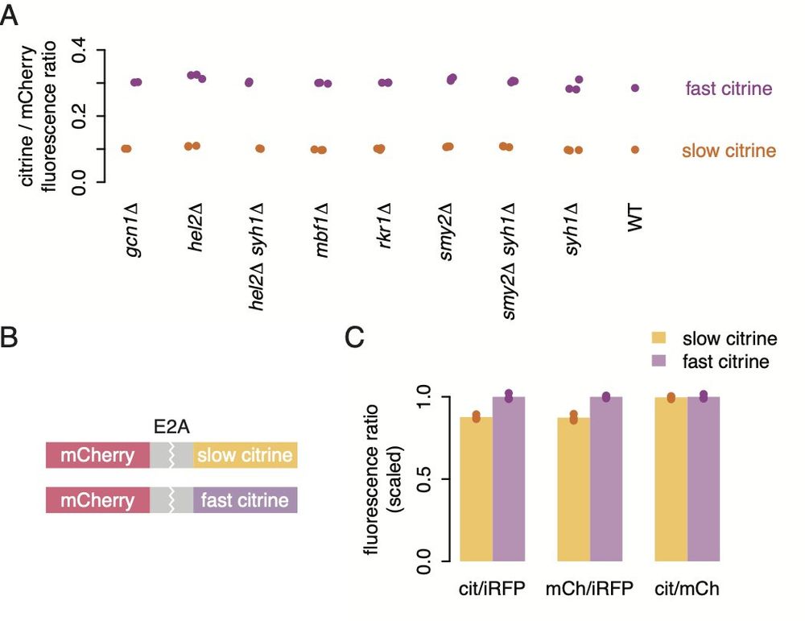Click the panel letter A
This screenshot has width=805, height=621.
(10, 15)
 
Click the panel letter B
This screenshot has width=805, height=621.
(10, 337)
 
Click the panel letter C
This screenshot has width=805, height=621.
(356, 337)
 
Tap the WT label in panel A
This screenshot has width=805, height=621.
(635, 217)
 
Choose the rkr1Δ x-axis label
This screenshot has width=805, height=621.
(384, 230)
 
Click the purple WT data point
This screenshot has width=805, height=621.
(635, 88)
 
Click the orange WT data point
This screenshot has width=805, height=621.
(635, 149)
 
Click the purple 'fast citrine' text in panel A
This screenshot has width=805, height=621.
(728, 89)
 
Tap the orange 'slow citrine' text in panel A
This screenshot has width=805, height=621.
(729, 151)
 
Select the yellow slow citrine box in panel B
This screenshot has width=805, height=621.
(245, 456)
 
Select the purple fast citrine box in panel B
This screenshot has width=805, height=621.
(245, 500)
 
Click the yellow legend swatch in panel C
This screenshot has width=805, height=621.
(659, 339)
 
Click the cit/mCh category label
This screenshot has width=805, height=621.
(687, 590)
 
